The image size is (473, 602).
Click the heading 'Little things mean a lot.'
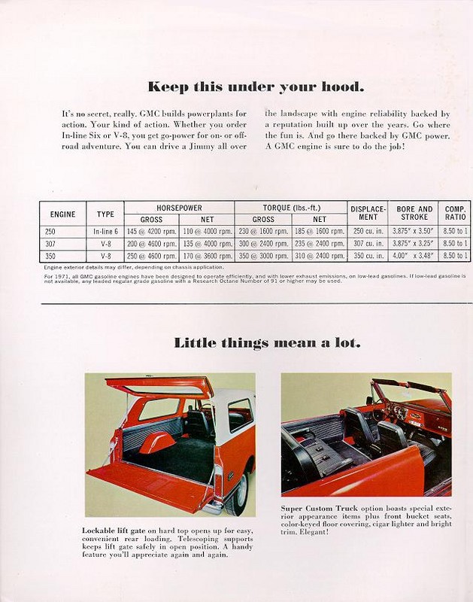[x=267, y=343]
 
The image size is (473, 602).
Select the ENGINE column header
[x=62, y=214]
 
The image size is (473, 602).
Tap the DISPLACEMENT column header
[x=368, y=212]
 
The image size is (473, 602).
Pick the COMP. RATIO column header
[x=455, y=212]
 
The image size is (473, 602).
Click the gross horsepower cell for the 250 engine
[x=151, y=232]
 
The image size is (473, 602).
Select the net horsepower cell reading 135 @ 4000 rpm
[x=207, y=244]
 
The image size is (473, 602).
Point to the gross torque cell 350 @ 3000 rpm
[x=262, y=256]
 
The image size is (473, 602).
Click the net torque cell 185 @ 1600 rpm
[x=319, y=232]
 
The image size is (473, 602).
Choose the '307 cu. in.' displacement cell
[x=368, y=244]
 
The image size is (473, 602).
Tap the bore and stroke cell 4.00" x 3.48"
[x=414, y=256]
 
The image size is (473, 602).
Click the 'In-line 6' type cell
[x=105, y=232]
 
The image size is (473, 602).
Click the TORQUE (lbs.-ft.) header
[x=290, y=207]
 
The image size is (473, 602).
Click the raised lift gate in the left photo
[x=160, y=386]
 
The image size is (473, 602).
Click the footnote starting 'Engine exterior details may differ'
[x=133, y=267]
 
